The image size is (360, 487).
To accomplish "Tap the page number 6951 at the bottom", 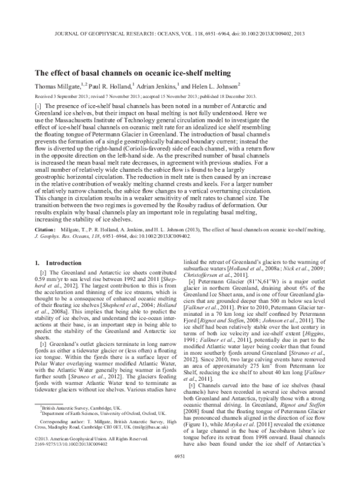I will pos(180,473).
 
